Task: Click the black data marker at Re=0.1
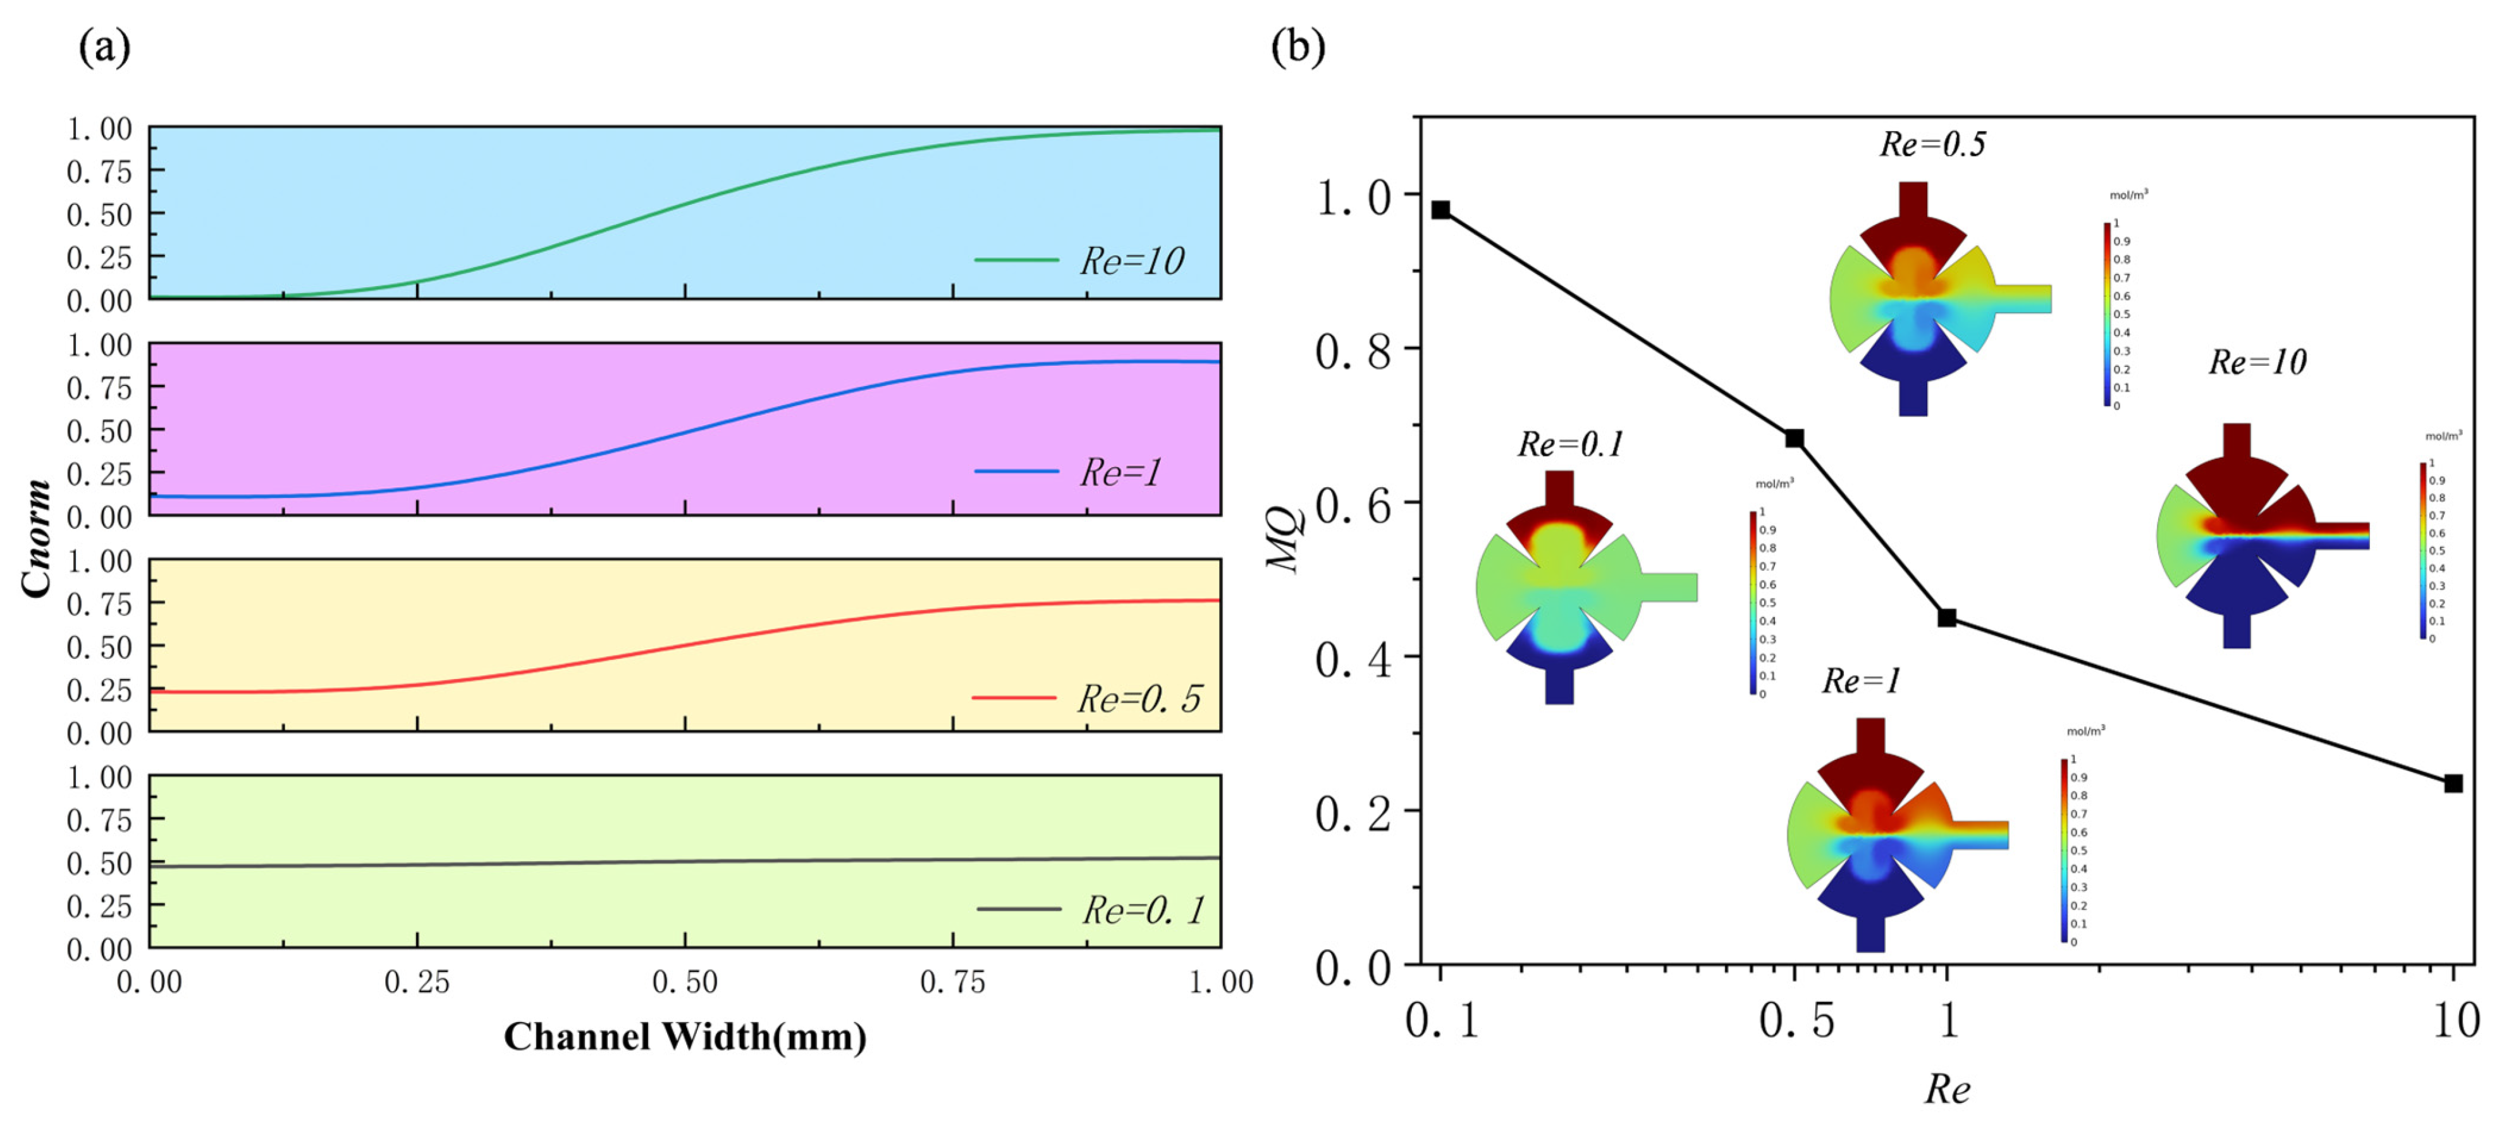click(x=1440, y=210)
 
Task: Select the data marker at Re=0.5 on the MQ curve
click(x=1795, y=439)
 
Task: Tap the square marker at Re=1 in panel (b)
click(x=1947, y=618)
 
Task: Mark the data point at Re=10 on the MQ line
click(x=2453, y=783)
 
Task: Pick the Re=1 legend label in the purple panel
click(x=1120, y=473)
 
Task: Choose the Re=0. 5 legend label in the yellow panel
click(x=1139, y=698)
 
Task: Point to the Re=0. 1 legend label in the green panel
click(x=1143, y=910)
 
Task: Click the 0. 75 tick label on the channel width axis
click(x=953, y=982)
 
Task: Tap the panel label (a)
click(x=104, y=47)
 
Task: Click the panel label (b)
click(x=1298, y=47)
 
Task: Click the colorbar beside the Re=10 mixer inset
click(x=2422, y=551)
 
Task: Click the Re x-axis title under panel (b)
click(x=1947, y=1089)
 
